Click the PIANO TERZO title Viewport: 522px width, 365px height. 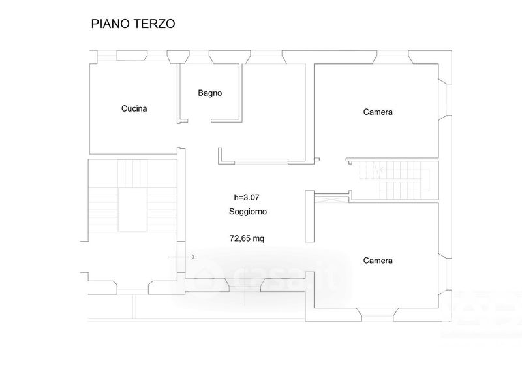pos(133,24)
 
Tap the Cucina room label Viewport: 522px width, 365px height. pos(134,108)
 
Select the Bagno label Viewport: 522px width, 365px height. pos(209,93)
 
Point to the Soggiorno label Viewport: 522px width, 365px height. pos(248,212)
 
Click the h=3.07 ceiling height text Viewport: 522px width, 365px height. pos(247,197)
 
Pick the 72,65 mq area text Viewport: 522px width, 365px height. pos(247,238)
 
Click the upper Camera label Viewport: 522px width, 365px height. pos(378,112)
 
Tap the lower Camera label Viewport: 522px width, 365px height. pos(378,261)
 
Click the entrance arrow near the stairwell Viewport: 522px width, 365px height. pos(181,257)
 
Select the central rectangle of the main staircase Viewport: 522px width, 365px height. pos(133,210)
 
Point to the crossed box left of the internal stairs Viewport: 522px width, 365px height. pos(331,200)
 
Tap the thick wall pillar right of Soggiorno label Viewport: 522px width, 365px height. pos(309,216)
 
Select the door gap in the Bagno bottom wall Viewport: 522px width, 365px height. pos(200,121)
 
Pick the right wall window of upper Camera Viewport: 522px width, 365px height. pos(445,99)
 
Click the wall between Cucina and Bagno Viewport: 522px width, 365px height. pos(178,93)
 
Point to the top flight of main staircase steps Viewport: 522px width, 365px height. pos(133,173)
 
